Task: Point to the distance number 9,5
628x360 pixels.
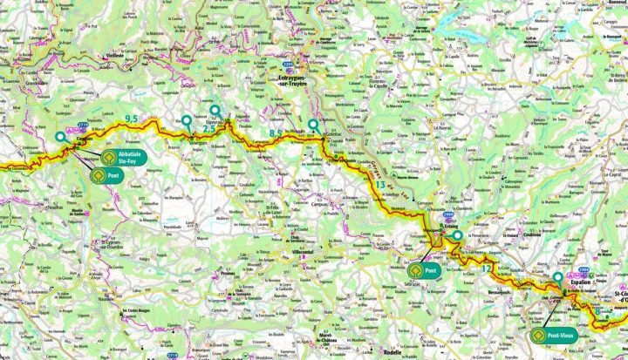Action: tap(133, 117)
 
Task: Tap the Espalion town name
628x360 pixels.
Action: tap(580, 283)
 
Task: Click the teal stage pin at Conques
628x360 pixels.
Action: tap(60, 137)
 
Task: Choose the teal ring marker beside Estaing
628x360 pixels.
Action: tap(457, 234)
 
